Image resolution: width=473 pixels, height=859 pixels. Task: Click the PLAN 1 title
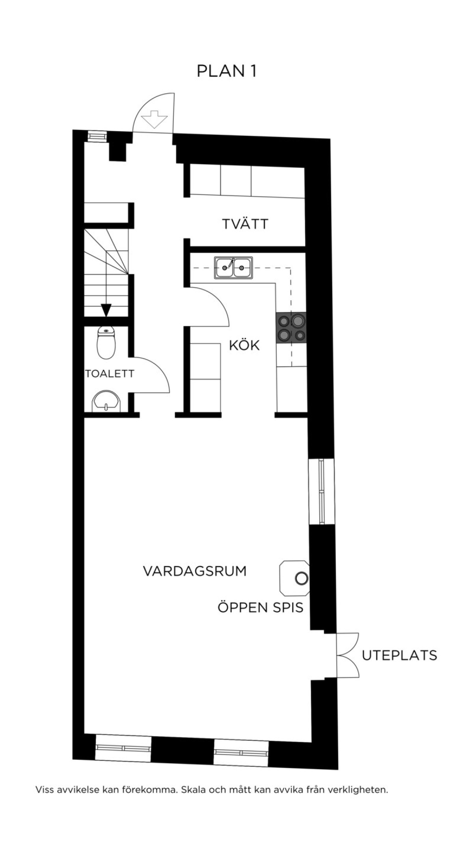(x=227, y=71)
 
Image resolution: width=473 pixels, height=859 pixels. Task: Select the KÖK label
(x=244, y=345)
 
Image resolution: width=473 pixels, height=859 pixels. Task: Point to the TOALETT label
(x=110, y=373)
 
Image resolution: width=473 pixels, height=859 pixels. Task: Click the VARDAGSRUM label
(x=195, y=571)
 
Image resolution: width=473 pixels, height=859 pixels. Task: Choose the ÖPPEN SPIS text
(x=261, y=607)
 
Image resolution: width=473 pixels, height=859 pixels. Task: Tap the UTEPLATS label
(x=400, y=655)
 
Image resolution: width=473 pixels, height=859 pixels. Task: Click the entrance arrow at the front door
(x=157, y=119)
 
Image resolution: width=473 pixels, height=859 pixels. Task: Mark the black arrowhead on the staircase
(x=106, y=310)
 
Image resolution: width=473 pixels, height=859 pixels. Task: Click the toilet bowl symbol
(x=106, y=342)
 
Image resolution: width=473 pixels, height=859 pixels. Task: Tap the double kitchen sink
(x=234, y=268)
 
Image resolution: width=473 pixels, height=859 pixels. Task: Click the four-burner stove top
(x=291, y=328)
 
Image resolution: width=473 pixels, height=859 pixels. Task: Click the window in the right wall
(x=322, y=492)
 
